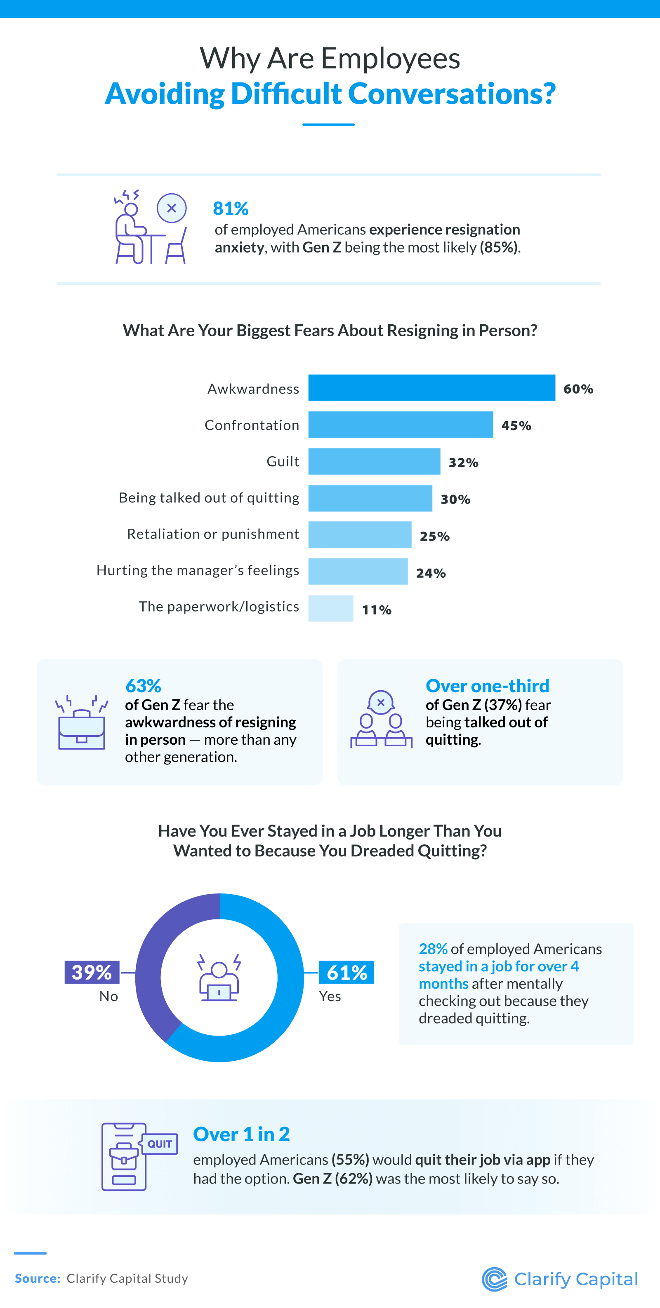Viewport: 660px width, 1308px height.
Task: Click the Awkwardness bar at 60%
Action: pyautogui.click(x=431, y=388)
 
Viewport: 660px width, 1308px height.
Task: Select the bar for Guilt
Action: pyautogui.click(x=374, y=461)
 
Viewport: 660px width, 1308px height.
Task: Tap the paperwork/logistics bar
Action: pyautogui.click(x=331, y=608)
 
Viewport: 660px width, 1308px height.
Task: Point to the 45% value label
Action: pyautogui.click(x=516, y=426)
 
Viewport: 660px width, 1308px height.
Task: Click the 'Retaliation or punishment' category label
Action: pyautogui.click(x=213, y=534)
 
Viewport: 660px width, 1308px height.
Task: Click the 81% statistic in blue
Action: pyautogui.click(x=231, y=208)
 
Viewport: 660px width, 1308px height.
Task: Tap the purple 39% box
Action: pyautogui.click(x=92, y=972)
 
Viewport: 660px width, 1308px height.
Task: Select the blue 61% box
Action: pyautogui.click(x=346, y=972)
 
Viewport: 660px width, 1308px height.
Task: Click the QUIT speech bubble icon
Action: pyautogui.click(x=160, y=1144)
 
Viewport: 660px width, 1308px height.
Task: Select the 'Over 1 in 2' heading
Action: pyautogui.click(x=241, y=1134)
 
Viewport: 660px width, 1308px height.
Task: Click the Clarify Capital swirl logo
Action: pyautogui.click(x=494, y=1279)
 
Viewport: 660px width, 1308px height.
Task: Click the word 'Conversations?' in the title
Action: pyautogui.click(x=452, y=94)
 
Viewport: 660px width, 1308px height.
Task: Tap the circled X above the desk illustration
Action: pyautogui.click(x=172, y=208)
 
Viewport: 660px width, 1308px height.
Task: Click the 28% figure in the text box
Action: pyautogui.click(x=432, y=949)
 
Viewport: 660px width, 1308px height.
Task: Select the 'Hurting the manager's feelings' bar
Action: pyautogui.click(x=358, y=571)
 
